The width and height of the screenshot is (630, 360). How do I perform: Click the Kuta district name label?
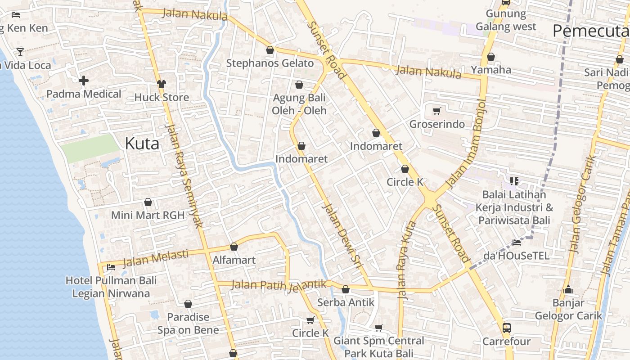(142, 144)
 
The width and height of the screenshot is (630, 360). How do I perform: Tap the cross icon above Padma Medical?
(84, 81)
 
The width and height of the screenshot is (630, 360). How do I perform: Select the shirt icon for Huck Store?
(162, 84)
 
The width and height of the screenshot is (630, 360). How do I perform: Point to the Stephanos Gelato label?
(270, 63)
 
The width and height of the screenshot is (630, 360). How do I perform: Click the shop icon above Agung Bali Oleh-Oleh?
(299, 85)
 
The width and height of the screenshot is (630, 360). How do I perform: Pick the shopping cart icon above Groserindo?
(436, 111)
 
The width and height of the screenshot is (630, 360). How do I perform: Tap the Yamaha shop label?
(491, 70)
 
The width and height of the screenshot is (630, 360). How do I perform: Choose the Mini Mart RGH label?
(148, 215)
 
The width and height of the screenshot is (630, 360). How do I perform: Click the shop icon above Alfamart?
(234, 247)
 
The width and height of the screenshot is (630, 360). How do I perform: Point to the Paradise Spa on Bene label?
(188, 324)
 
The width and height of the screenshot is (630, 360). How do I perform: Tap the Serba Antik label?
(346, 302)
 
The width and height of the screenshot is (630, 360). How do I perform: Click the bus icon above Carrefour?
(506, 328)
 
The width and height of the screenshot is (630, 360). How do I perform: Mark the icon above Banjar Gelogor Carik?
(568, 289)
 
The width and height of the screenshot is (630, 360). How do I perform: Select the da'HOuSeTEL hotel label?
(516, 256)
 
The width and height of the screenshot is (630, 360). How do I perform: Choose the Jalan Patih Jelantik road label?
(279, 285)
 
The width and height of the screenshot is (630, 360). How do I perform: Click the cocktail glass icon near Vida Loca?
(20, 52)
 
